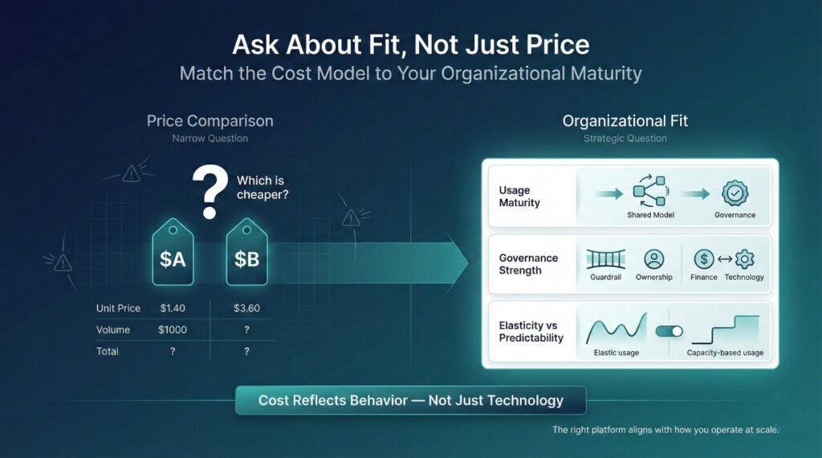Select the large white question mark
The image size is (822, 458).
coord(210,192)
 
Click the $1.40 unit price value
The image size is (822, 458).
coord(173,308)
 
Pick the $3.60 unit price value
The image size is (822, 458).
coord(247,308)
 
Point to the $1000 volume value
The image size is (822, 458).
coord(173,330)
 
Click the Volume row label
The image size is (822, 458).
coord(112,330)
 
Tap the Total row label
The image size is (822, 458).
coord(108,351)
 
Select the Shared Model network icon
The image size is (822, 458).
coord(650,191)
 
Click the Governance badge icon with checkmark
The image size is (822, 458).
coord(735,193)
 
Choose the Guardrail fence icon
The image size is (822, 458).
coord(605,259)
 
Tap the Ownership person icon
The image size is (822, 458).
coord(654,259)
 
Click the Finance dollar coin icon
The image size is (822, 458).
coord(704,259)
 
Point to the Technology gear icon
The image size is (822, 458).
coord(744,259)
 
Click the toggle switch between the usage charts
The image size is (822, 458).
coord(669,331)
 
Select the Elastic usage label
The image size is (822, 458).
coord(616,353)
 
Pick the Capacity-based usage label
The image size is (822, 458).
coord(725,353)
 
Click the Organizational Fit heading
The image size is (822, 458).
coord(625,121)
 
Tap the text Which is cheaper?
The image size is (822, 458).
coord(262,188)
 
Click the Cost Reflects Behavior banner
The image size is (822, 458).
coord(410,400)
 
